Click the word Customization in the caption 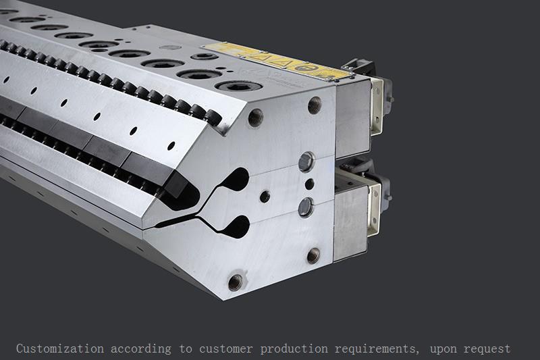[60, 349]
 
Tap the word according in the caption [141, 349]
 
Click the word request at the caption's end [487, 349]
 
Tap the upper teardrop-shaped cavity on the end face [234, 181]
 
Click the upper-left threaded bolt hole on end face [255, 118]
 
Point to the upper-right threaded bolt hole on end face [314, 104]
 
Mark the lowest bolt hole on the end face [236, 281]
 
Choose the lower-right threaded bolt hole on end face [313, 255]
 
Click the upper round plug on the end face [306, 161]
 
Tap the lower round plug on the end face [306, 207]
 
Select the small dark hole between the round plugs [308, 184]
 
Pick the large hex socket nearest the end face [240, 86]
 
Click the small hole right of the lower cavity [265, 197]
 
